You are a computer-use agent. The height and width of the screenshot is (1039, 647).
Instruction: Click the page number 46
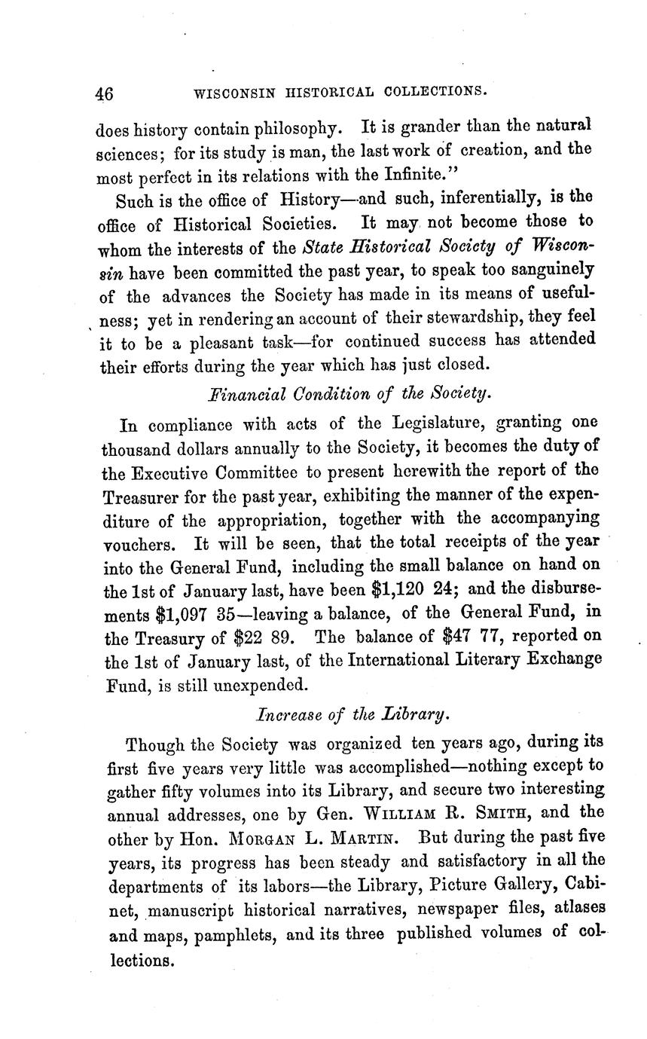(x=104, y=94)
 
